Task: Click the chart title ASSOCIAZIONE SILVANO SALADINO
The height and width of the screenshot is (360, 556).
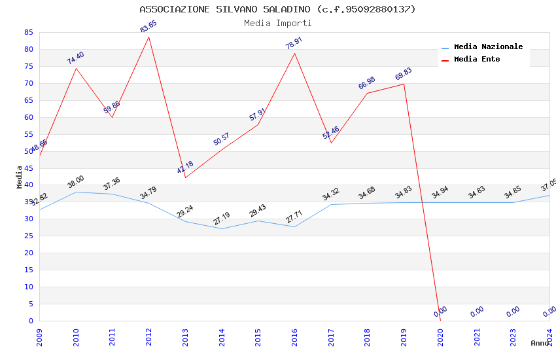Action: coord(277,9)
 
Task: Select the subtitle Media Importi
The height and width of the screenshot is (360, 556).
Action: coord(277,24)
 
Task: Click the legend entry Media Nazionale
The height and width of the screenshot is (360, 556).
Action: coord(488,47)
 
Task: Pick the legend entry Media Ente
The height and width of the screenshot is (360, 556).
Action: coord(477,60)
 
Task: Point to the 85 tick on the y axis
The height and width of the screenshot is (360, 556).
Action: coord(28,32)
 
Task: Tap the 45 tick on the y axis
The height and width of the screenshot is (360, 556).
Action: coord(28,168)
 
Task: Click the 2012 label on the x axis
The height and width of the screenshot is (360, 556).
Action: coord(148,337)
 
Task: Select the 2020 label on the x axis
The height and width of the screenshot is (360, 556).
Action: coord(440,337)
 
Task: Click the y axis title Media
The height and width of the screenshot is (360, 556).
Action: coord(20,177)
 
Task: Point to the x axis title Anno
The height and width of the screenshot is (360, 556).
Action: coord(540,343)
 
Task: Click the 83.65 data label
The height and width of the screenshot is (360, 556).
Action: coord(148,27)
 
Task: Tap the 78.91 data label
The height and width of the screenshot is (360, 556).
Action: coord(294,43)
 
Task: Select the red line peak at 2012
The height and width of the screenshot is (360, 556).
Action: coord(148,37)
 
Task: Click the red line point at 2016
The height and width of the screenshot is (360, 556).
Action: coord(294,53)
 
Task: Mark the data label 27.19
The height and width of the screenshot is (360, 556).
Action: coord(222,219)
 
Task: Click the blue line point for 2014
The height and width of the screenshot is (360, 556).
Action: coord(222,228)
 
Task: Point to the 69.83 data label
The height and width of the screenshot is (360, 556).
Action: coord(404,74)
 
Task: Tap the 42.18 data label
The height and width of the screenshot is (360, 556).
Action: coord(185,168)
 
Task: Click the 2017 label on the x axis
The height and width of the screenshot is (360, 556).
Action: coord(331,337)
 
